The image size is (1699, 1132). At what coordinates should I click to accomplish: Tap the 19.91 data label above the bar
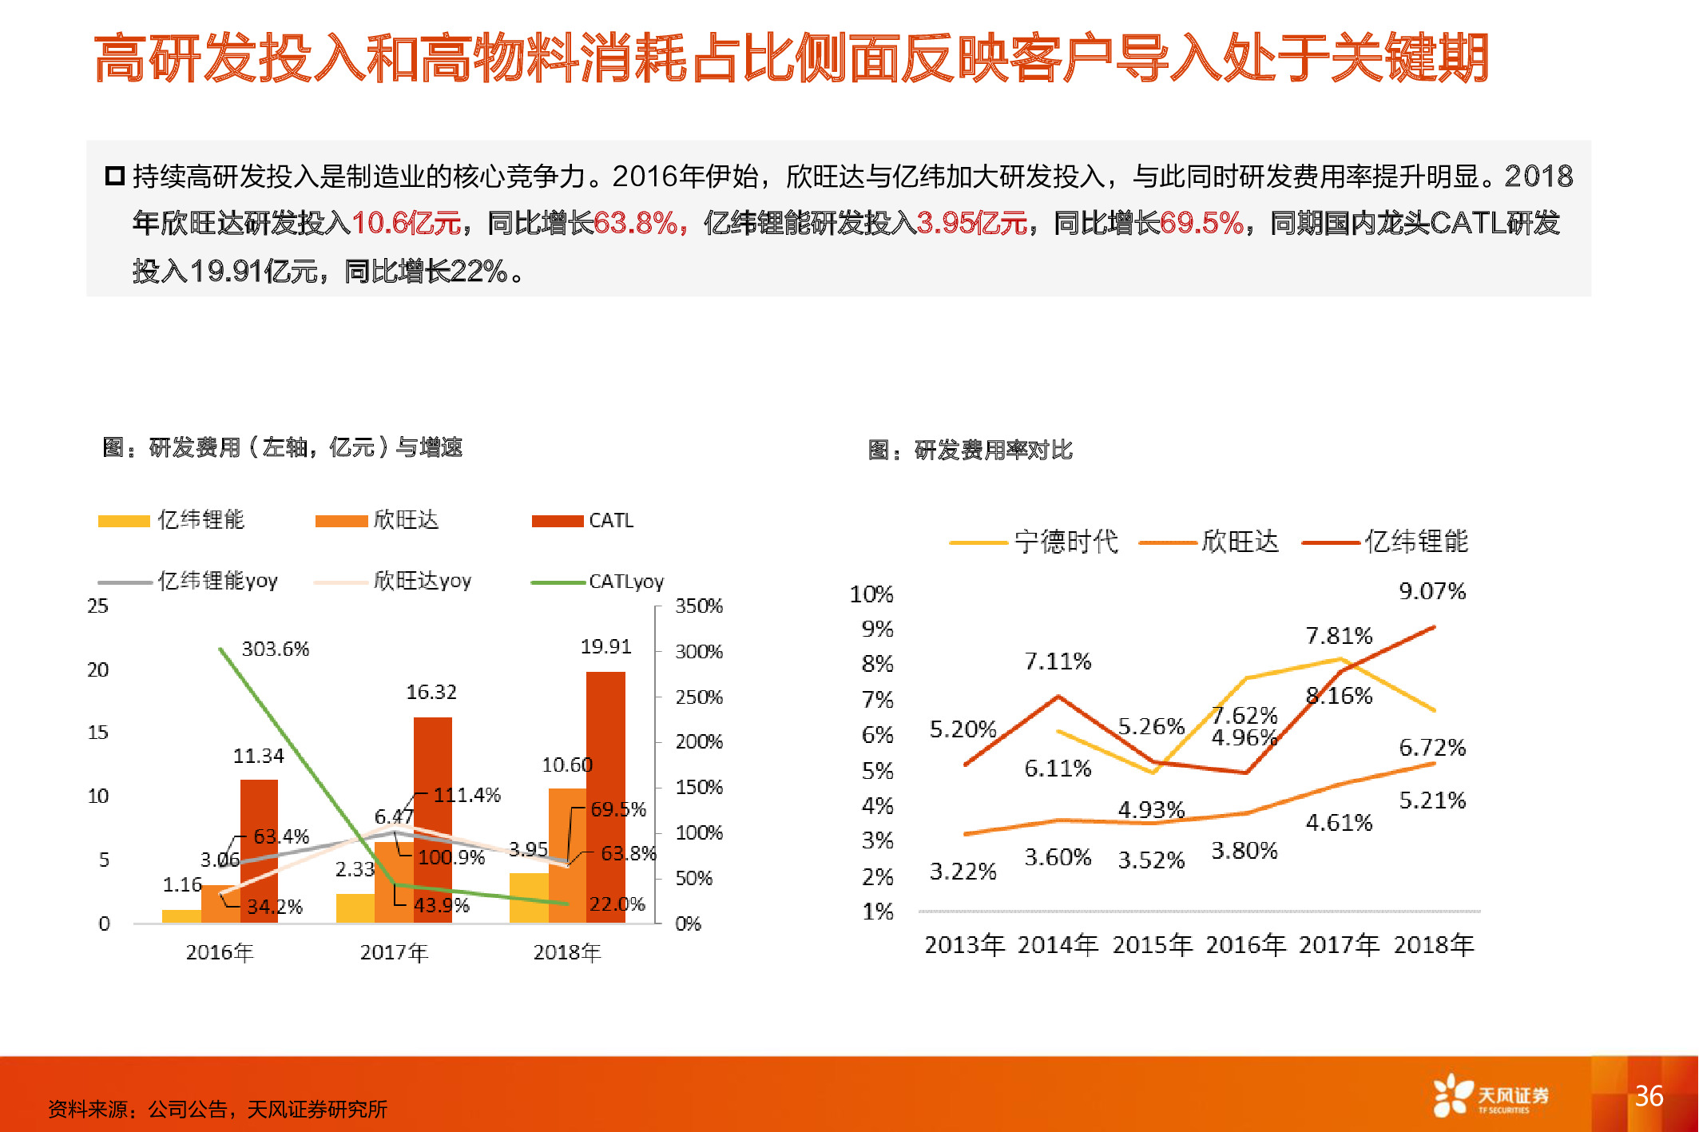pyautogui.click(x=605, y=646)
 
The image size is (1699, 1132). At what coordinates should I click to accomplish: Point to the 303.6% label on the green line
pyautogui.click(x=275, y=649)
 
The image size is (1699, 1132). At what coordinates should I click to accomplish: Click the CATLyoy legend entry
pyautogui.click(x=597, y=582)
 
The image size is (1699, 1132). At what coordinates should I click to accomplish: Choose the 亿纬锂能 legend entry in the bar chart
pyautogui.click(x=171, y=520)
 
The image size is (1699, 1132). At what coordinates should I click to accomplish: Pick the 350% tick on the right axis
pyautogui.click(x=698, y=606)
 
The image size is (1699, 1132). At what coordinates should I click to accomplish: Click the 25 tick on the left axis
pyautogui.click(x=97, y=606)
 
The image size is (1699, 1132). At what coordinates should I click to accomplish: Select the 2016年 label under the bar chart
pyautogui.click(x=220, y=952)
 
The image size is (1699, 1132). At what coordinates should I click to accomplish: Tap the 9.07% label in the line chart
pyautogui.click(x=1431, y=591)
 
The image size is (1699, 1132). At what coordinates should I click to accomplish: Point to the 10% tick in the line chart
pyautogui.click(x=871, y=594)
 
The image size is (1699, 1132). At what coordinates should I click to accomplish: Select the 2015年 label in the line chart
pyautogui.click(x=1152, y=945)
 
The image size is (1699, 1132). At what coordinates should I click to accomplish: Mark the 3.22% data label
pyautogui.click(x=963, y=872)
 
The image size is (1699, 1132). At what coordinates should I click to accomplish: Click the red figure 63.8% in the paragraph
pyautogui.click(x=636, y=224)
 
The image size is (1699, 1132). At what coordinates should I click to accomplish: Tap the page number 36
pyautogui.click(x=1649, y=1095)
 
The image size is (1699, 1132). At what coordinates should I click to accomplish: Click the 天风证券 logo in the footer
pyautogui.click(x=1491, y=1096)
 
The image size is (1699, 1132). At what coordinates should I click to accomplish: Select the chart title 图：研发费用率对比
pyautogui.click(x=970, y=451)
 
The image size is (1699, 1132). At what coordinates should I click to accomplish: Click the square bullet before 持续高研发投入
pyautogui.click(x=114, y=176)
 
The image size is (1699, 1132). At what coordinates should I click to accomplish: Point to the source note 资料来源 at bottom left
pyautogui.click(x=217, y=1109)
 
